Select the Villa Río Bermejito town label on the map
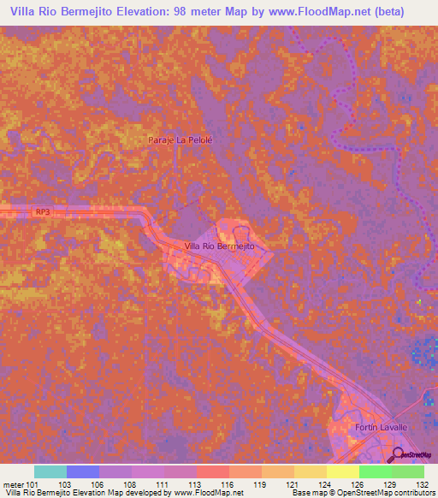(221, 246)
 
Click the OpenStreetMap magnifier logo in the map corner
(398, 454)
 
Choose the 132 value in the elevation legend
(423, 484)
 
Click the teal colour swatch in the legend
(50, 471)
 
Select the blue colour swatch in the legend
(83, 471)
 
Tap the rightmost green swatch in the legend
(407, 471)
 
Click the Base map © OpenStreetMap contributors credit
(360, 493)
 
